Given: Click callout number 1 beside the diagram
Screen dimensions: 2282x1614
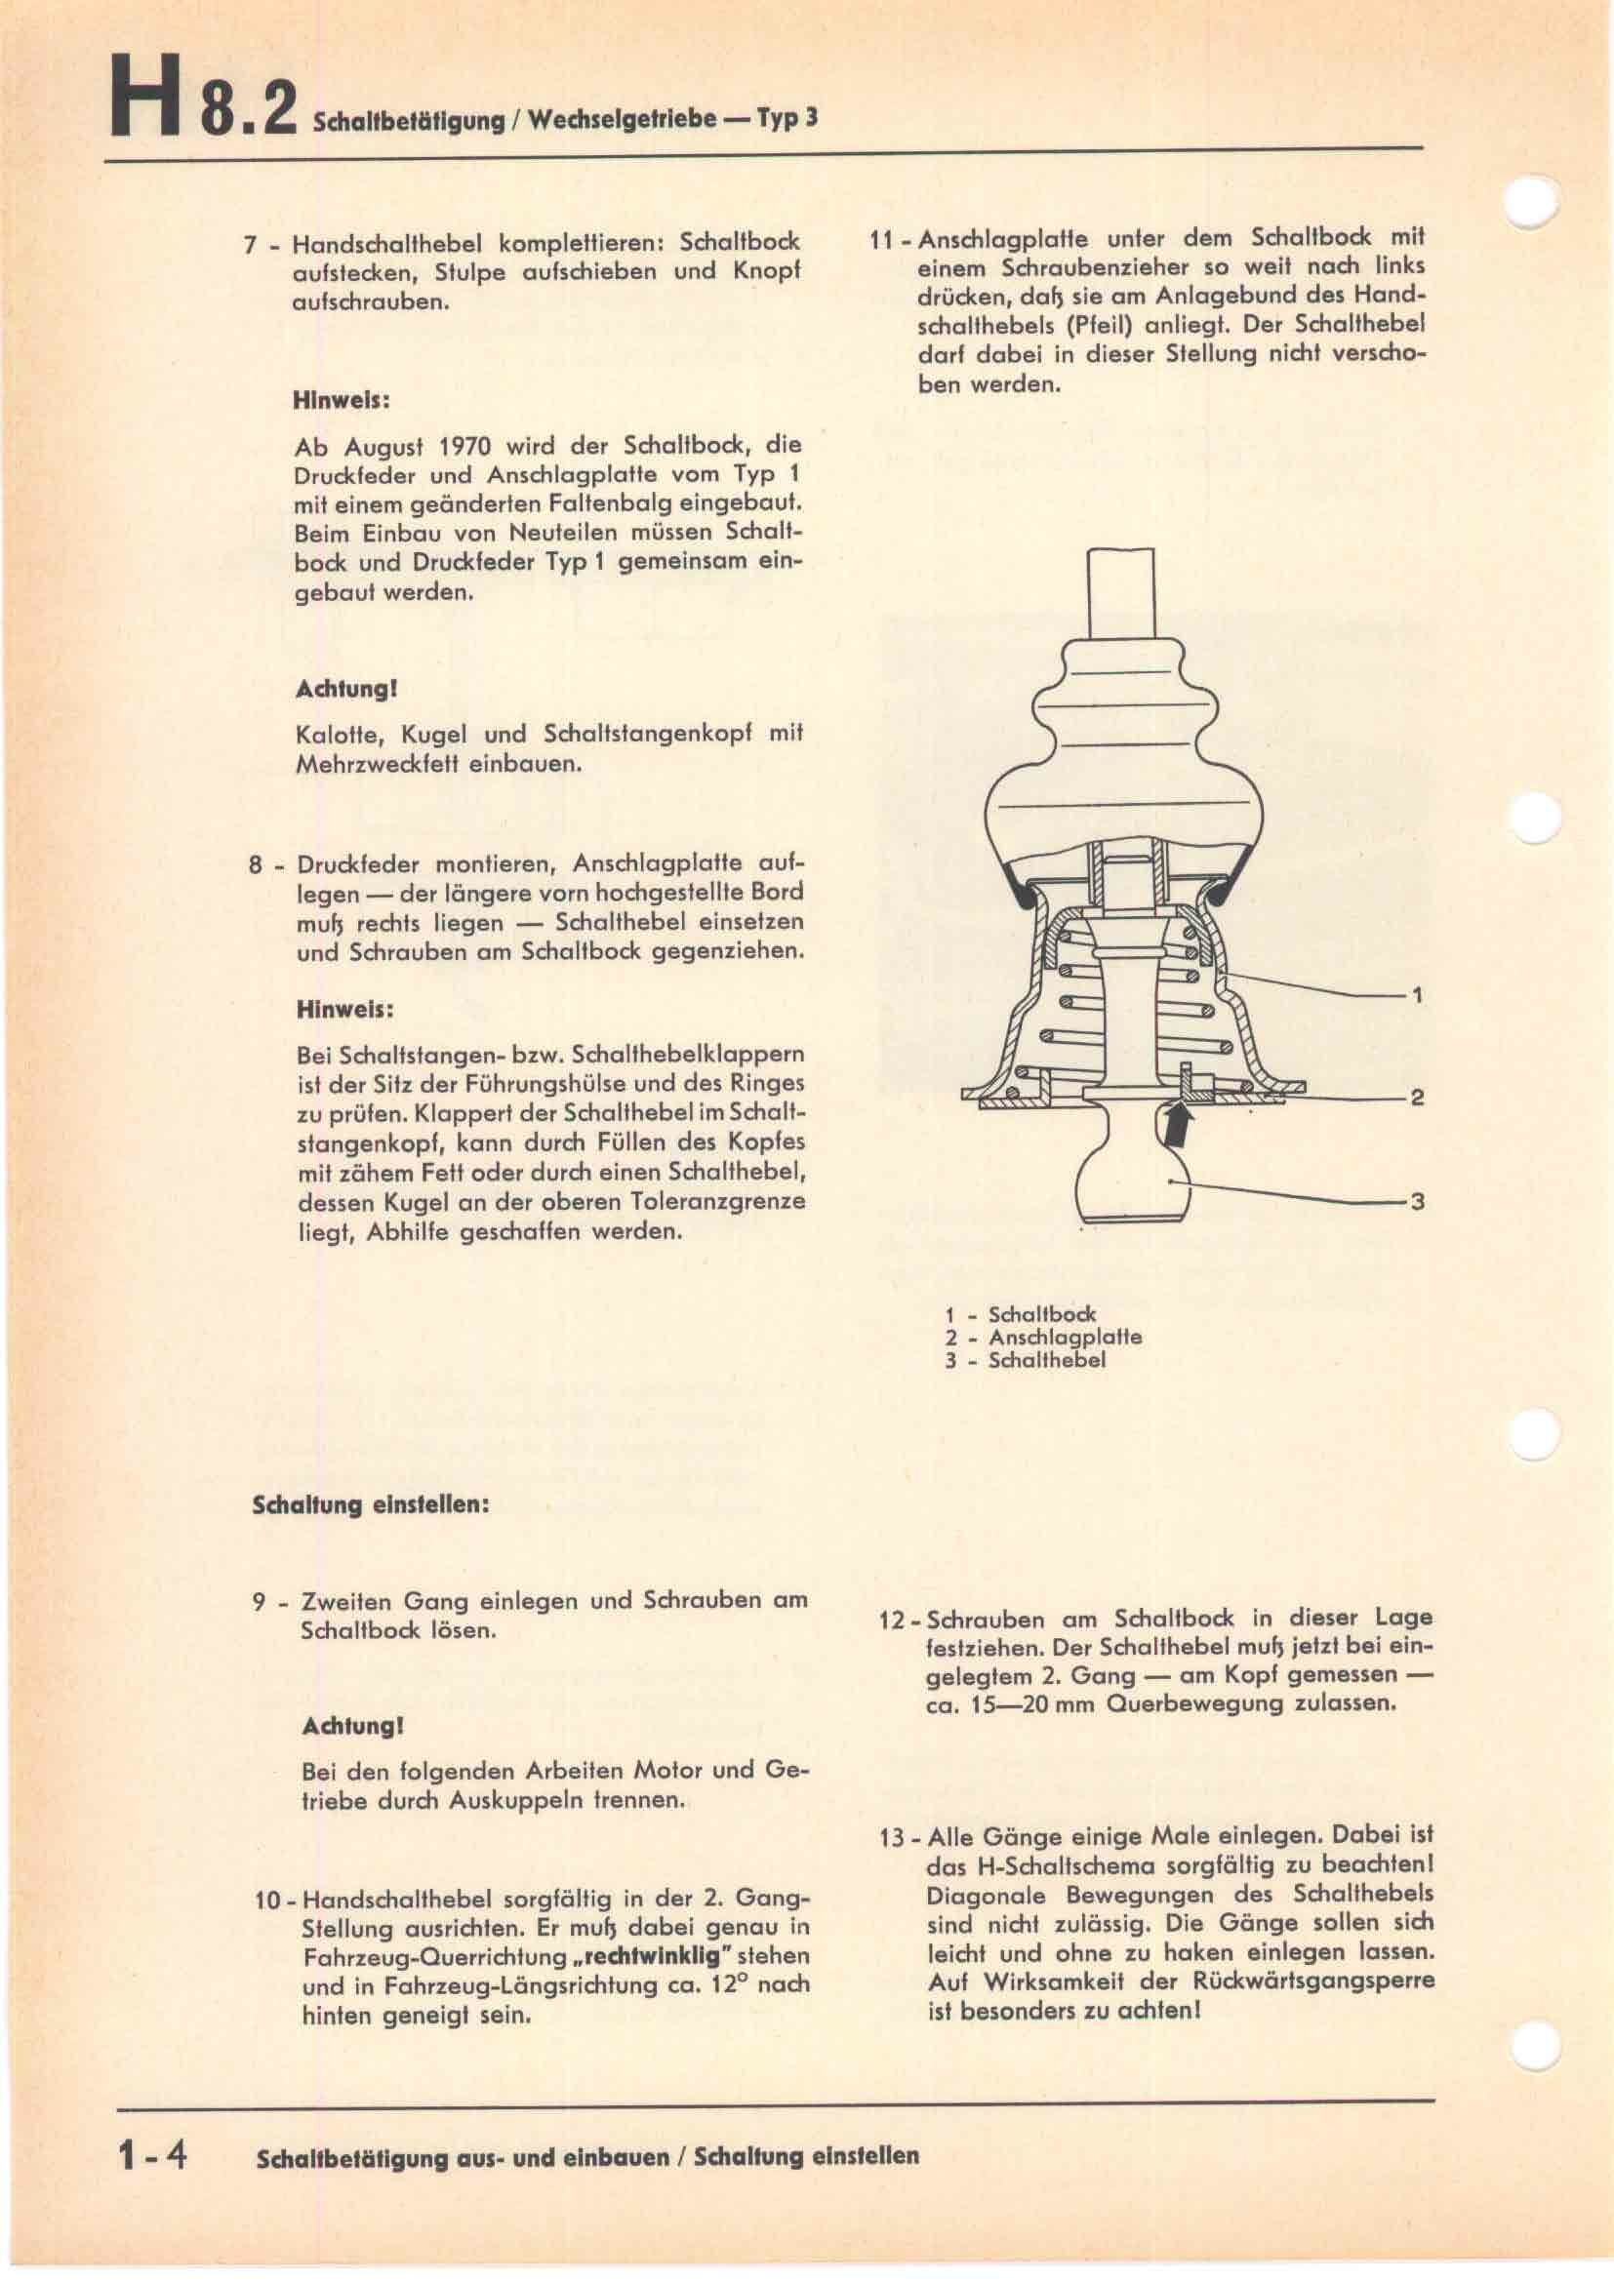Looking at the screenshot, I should (x=1417, y=994).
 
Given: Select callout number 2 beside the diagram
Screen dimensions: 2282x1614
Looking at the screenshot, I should (x=1417, y=1098).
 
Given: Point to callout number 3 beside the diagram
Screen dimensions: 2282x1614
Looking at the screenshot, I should (x=1417, y=1202).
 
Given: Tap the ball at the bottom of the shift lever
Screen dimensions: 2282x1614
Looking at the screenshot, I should (x=1134, y=1181).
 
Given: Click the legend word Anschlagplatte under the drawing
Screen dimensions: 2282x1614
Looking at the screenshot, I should (x=1065, y=1337).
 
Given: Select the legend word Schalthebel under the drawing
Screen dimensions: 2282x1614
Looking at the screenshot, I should (x=1046, y=1361).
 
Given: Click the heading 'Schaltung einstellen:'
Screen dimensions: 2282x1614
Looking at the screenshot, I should (x=371, y=1503).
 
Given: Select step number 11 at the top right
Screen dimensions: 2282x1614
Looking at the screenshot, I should (x=881, y=241).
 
